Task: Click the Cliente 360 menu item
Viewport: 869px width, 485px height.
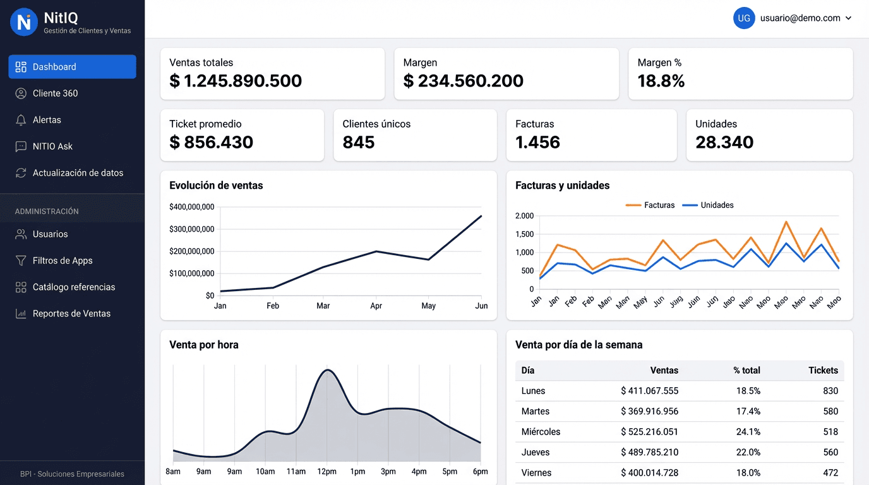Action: pyautogui.click(x=56, y=93)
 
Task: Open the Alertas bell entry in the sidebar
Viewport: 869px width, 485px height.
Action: pyautogui.click(x=47, y=120)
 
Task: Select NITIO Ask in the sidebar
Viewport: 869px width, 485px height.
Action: pyautogui.click(x=52, y=147)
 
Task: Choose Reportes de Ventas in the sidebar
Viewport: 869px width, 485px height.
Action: pyautogui.click(x=71, y=314)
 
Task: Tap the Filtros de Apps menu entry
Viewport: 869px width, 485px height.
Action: pyautogui.click(x=62, y=261)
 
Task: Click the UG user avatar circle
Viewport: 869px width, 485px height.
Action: pyautogui.click(x=744, y=18)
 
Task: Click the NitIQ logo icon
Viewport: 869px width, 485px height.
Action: pyautogui.click(x=24, y=22)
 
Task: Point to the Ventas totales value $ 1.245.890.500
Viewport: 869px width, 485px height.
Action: pyautogui.click(x=236, y=81)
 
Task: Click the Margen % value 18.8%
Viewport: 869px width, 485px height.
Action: pyautogui.click(x=661, y=81)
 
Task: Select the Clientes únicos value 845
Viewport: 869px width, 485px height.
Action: pyautogui.click(x=359, y=142)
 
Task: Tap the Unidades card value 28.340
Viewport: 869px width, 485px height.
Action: pyautogui.click(x=724, y=142)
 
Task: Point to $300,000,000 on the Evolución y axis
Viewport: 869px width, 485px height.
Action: pyautogui.click(x=191, y=229)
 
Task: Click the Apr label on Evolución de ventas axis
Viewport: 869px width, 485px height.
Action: pyautogui.click(x=376, y=306)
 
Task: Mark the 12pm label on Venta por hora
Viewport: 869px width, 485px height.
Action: pyautogui.click(x=327, y=472)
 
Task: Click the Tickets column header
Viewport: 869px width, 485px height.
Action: pyautogui.click(x=823, y=371)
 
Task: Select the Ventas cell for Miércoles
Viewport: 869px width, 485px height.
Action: pyautogui.click(x=649, y=432)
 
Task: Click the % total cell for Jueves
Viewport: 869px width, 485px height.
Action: pyautogui.click(x=748, y=452)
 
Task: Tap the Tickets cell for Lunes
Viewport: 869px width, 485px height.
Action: pyautogui.click(x=830, y=391)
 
